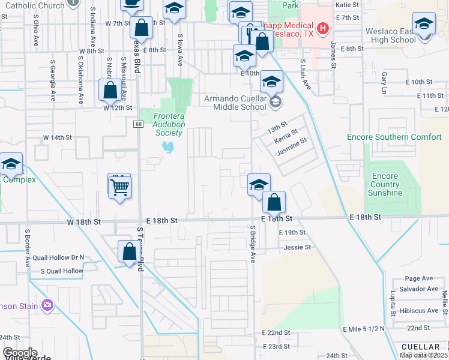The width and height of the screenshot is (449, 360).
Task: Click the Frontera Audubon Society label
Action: click(x=169, y=124)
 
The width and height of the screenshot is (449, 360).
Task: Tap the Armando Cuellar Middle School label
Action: click(x=235, y=103)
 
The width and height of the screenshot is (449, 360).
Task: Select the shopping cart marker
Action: click(x=119, y=187)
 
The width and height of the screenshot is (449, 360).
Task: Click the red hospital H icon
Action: click(x=323, y=28)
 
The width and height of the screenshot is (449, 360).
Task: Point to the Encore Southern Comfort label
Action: click(x=394, y=137)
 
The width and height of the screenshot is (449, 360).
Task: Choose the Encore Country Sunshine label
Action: click(x=385, y=184)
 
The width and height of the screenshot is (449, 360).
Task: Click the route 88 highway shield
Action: click(x=137, y=124)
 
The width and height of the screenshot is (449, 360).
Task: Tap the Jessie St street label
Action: click(x=298, y=247)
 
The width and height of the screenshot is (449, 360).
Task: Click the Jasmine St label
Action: click(x=292, y=146)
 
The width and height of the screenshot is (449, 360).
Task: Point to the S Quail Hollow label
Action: click(x=62, y=271)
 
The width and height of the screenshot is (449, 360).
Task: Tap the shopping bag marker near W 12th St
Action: click(x=110, y=91)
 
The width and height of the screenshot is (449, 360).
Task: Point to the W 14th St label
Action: click(x=57, y=137)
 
